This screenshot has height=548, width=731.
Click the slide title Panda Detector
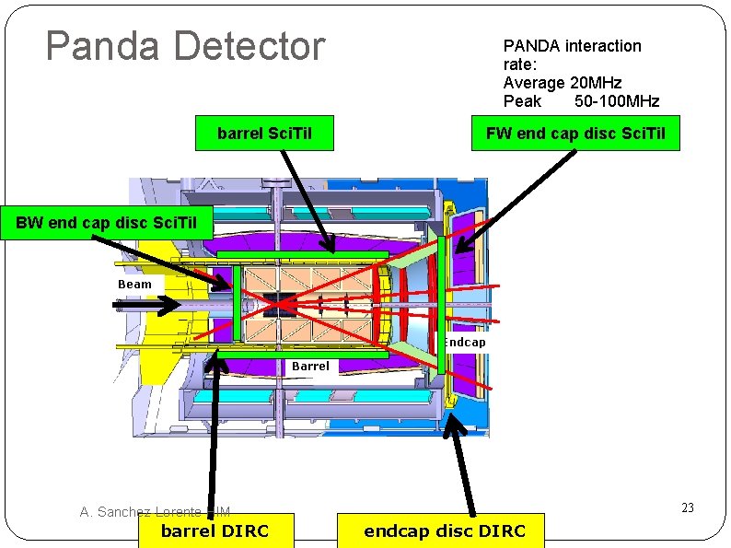(185, 46)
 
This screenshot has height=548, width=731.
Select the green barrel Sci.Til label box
(264, 134)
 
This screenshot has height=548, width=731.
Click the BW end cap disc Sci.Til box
(108, 223)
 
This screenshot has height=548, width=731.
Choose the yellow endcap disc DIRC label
(444, 531)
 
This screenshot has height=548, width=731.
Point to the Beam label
(134, 284)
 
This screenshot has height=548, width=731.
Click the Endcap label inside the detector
(464, 342)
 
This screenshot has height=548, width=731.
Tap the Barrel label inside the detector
(310, 366)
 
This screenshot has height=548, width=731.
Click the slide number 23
(687, 507)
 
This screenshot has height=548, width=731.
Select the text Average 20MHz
(563, 83)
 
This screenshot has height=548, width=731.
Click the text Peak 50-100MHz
(581, 100)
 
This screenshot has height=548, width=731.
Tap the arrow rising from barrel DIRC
(216, 433)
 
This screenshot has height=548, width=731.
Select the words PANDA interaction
(572, 46)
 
